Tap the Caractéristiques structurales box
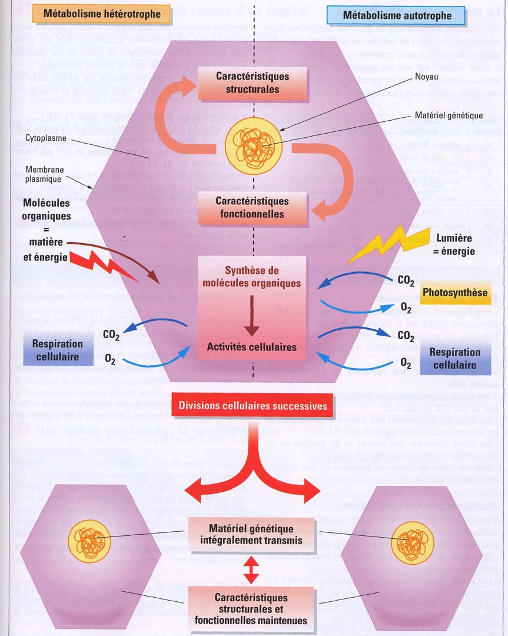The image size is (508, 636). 253,83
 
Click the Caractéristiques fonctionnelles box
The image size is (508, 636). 253,207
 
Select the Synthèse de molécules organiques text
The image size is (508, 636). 253,276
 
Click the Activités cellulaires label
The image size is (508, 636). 252,347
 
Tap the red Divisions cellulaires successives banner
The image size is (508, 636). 253,406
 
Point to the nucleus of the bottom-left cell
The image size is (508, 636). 89,539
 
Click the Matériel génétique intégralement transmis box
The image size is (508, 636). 252,536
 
